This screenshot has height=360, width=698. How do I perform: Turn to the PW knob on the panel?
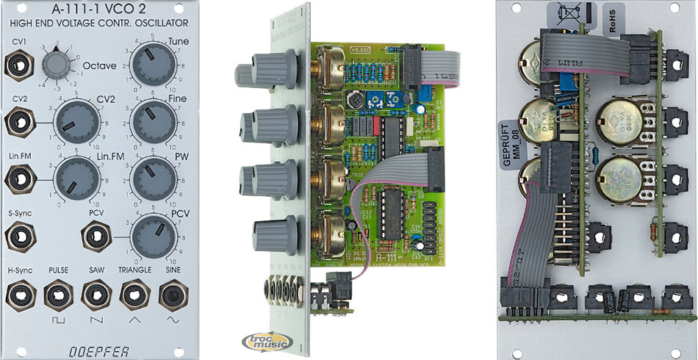pyautogui.click(x=151, y=178)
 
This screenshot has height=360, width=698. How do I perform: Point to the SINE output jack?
pyautogui.click(x=170, y=295)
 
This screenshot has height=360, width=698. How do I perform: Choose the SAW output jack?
pyautogui.click(x=93, y=295)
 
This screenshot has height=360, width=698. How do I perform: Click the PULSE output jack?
pyautogui.click(x=57, y=295)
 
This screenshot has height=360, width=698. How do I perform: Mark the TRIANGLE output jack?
pyautogui.click(x=132, y=295)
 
